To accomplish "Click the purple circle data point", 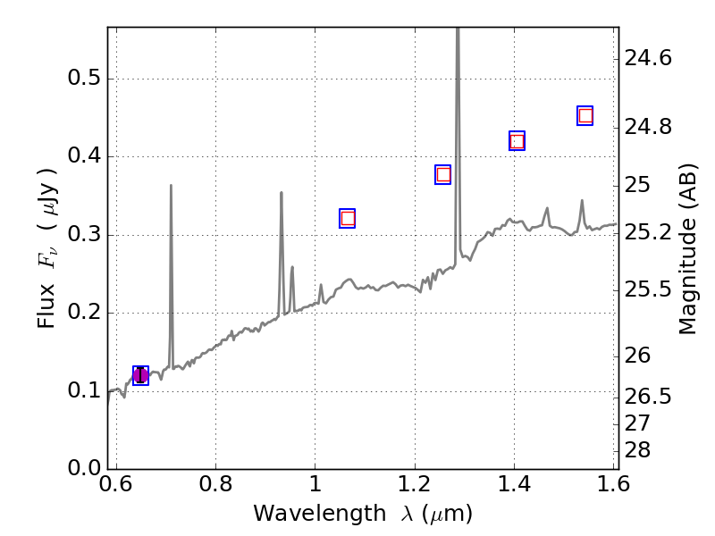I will (x=140, y=375).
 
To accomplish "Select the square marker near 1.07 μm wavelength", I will (x=348, y=218).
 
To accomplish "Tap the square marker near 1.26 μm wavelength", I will (x=443, y=174).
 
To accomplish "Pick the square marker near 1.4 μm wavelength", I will (x=517, y=140).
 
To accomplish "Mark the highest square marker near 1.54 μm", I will (x=585, y=115).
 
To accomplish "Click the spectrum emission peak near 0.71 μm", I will (x=171, y=187).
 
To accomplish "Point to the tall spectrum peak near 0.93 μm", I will (x=282, y=193).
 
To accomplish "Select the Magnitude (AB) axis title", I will (x=686, y=248).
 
